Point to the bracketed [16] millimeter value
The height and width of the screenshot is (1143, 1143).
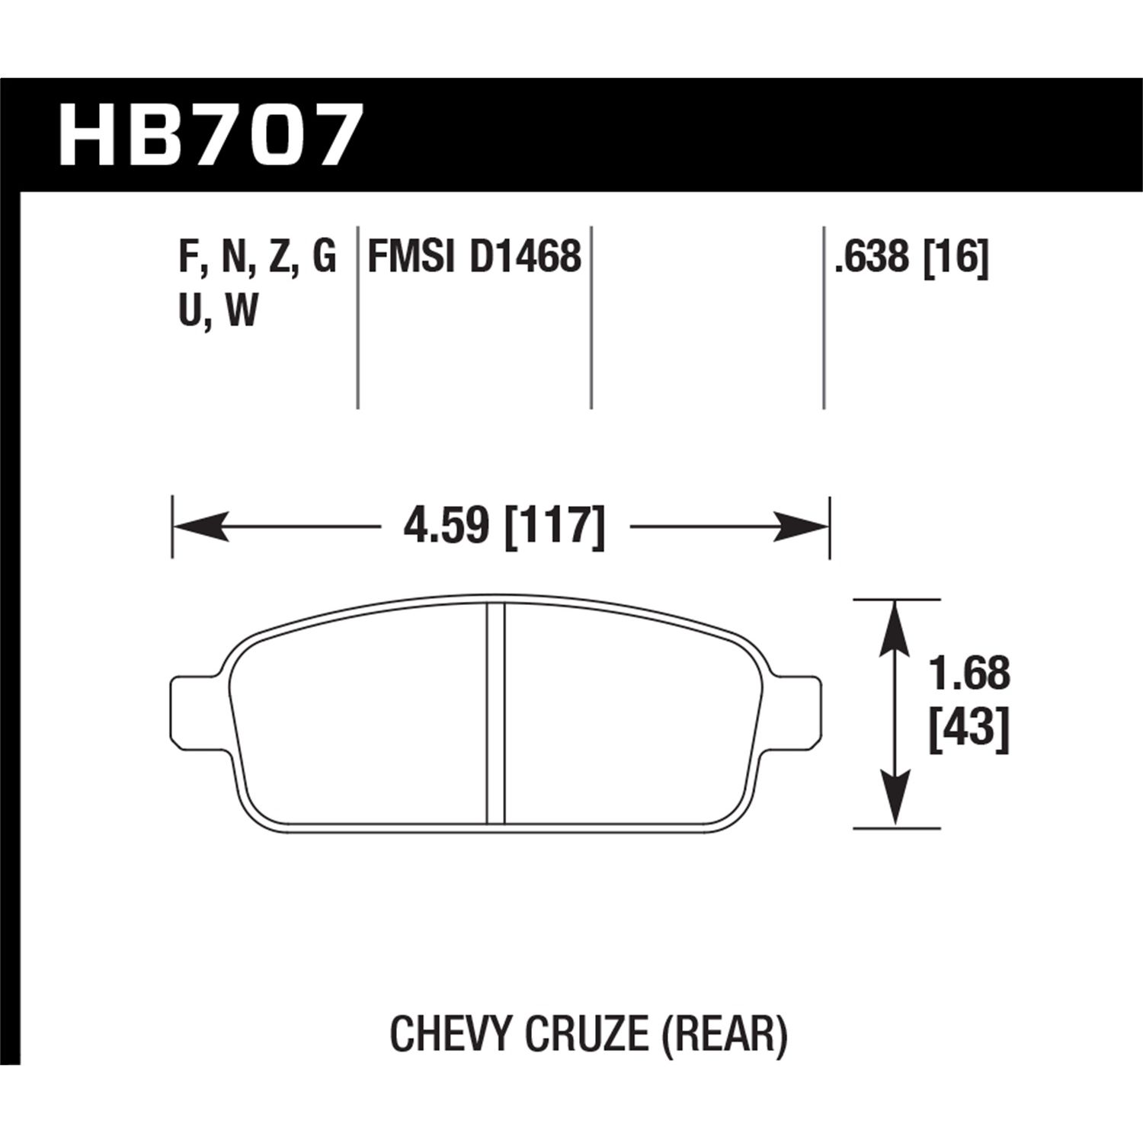point(956,256)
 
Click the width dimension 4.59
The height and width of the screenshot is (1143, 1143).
point(445,527)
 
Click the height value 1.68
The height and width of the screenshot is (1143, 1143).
point(969,674)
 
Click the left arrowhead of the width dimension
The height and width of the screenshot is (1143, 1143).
point(202,527)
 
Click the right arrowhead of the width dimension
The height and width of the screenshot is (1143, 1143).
point(800,527)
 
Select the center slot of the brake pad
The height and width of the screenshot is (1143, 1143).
point(496,712)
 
